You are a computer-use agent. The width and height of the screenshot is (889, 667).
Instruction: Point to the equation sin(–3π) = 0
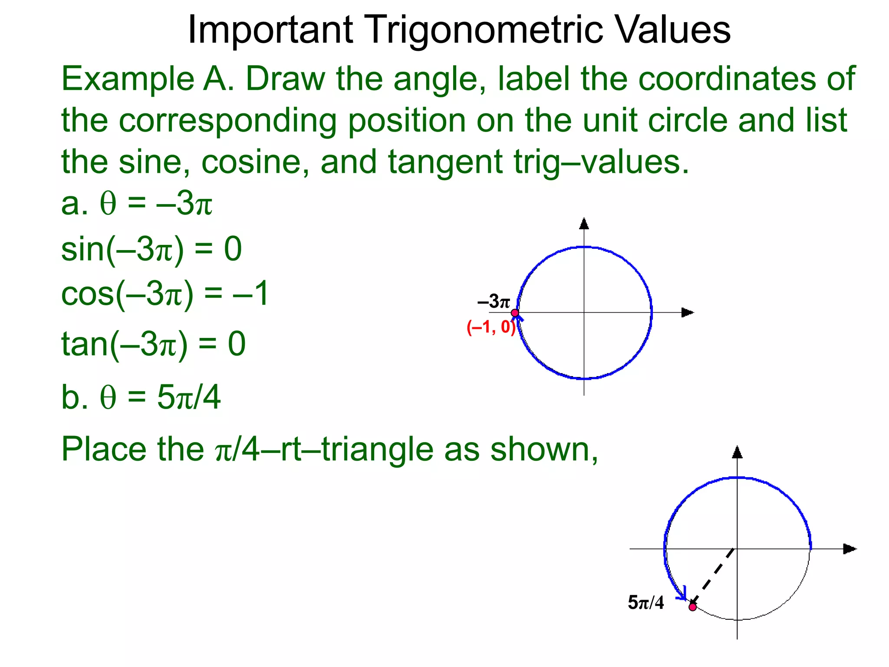coord(151,250)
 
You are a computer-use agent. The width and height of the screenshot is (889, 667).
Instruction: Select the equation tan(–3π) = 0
coord(153,343)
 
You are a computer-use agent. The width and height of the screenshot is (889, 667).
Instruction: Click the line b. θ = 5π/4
coord(141,397)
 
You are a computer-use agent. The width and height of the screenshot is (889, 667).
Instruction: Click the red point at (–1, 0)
coord(515,313)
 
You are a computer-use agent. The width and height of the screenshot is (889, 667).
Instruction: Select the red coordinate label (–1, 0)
coord(491,327)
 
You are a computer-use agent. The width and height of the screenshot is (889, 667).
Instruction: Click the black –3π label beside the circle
coord(494,301)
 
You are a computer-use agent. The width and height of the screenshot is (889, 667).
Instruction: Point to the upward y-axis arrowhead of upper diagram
coord(584,224)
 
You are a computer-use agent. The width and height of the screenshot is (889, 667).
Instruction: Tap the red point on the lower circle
coord(692,607)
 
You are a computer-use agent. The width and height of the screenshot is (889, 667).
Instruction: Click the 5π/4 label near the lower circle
coord(645,603)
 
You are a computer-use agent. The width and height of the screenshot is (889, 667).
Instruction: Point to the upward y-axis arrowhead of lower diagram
coord(737,452)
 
